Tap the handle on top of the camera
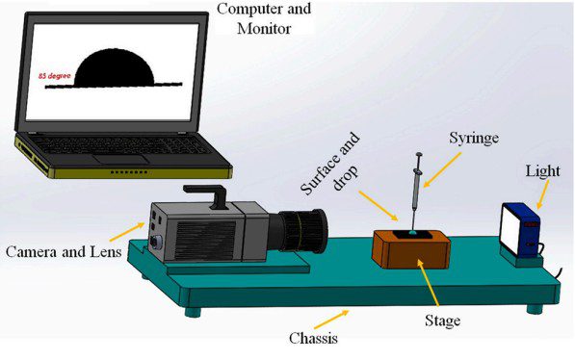click(204, 196)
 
